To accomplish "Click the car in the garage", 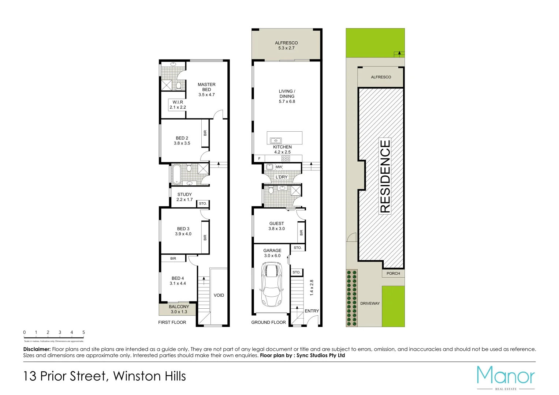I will [272, 285].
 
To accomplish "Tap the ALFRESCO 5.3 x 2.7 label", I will [286, 45].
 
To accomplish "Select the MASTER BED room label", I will [206, 89].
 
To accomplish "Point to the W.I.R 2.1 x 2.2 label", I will [178, 105].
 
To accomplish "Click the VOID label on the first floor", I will [219, 295].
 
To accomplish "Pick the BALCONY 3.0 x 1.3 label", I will [179, 309].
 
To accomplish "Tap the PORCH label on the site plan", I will [393, 273].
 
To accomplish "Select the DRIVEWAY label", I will [370, 303].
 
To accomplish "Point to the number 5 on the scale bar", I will [83, 332].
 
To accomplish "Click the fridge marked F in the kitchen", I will [259, 159].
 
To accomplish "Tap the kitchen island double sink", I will [275, 140].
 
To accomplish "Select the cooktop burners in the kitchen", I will [286, 158].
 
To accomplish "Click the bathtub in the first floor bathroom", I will [176, 174].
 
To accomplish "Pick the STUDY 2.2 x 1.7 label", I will [185, 197].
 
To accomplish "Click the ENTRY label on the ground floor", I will [312, 311].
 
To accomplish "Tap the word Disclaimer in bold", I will [37, 349].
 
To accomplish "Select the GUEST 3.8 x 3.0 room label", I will [276, 226].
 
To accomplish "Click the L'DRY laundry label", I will [282, 177].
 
